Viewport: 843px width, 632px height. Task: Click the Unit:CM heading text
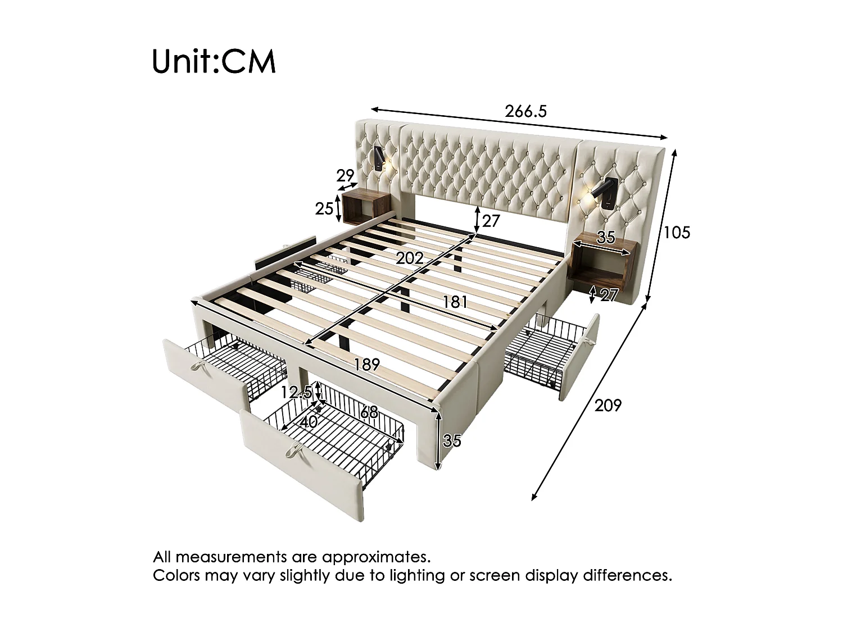click(x=214, y=61)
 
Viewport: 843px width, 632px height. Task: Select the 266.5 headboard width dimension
click(x=525, y=111)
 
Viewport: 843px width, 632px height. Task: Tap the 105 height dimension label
click(x=677, y=233)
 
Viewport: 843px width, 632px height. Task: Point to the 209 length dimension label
click(x=608, y=405)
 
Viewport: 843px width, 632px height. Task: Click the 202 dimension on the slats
click(x=410, y=258)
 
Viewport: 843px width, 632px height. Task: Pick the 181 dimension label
click(x=455, y=302)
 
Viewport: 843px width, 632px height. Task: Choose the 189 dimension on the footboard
click(x=367, y=364)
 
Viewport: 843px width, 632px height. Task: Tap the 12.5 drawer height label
click(x=297, y=392)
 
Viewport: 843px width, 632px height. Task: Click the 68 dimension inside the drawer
click(x=369, y=412)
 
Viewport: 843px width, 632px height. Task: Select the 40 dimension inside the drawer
click(x=309, y=422)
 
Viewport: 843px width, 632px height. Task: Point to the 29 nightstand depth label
click(x=345, y=176)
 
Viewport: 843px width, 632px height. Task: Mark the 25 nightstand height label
click(x=324, y=209)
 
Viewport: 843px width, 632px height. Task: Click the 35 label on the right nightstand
click(x=606, y=238)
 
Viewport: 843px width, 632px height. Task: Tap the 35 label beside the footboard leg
click(x=452, y=440)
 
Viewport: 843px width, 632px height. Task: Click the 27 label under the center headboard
click(x=491, y=221)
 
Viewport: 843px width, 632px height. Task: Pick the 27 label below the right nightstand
click(x=609, y=295)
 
